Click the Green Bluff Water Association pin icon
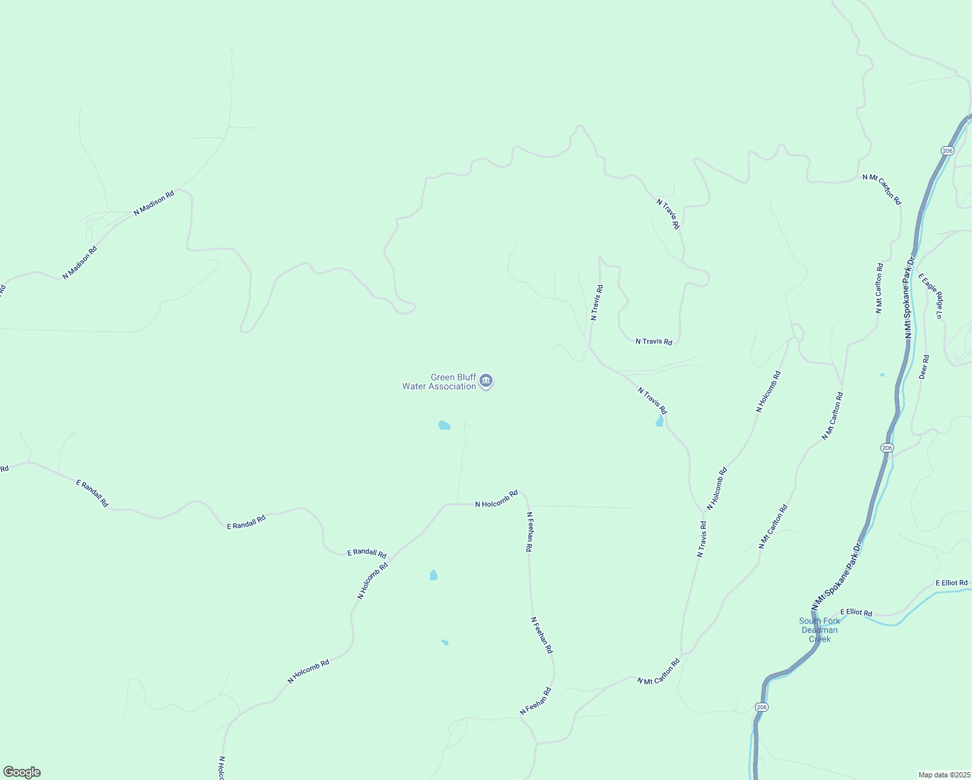tap(486, 382)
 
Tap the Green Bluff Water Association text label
tap(440, 382)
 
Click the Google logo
tap(22, 772)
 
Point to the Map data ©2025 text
tap(943, 775)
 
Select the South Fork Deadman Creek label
tap(819, 630)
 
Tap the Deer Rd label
tap(924, 367)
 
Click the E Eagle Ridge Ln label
tap(931, 296)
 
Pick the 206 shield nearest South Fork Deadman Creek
tap(761, 707)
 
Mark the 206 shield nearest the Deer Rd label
tap(888, 448)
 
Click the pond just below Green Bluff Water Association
tap(444, 425)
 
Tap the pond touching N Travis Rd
tap(660, 421)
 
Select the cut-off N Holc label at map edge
tap(222, 768)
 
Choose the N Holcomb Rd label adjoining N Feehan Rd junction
tap(496, 499)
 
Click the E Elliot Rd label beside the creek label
tap(856, 612)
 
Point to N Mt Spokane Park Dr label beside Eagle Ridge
tap(909, 297)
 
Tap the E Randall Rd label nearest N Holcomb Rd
tap(367, 553)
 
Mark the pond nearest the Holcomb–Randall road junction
tap(433, 575)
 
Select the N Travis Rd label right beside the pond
tap(652, 401)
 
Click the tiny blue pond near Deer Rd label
tap(882, 374)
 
